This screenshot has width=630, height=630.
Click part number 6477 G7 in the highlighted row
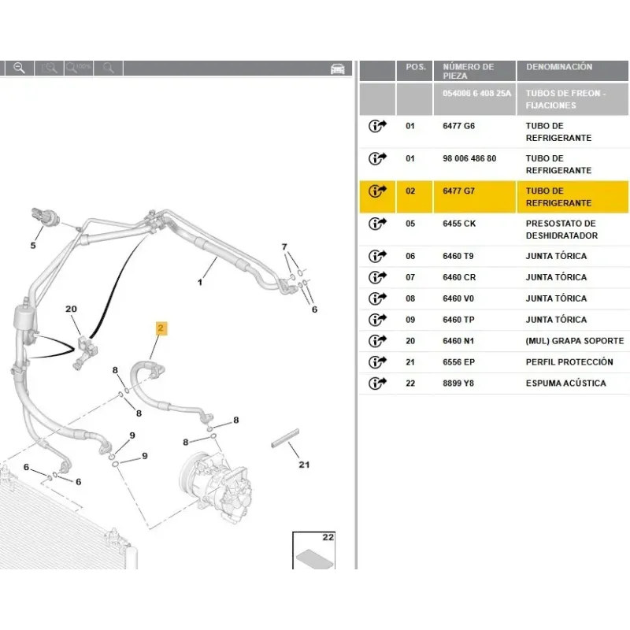tap(458, 191)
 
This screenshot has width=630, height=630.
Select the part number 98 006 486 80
tap(469, 158)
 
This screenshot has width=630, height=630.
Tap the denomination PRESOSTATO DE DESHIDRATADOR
tap(561, 229)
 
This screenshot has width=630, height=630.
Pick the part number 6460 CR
tap(459, 277)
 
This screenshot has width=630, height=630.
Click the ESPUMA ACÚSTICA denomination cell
tap(565, 384)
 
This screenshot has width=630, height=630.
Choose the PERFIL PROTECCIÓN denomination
tap(569, 362)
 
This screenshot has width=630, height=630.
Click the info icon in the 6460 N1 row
tap(377, 341)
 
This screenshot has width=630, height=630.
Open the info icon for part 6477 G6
tap(377, 126)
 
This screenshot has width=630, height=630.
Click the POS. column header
tap(416, 67)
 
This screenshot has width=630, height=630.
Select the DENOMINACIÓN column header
tap(559, 67)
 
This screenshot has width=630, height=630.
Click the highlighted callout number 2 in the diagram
tap(161, 328)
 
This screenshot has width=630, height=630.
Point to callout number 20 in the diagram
tap(71, 309)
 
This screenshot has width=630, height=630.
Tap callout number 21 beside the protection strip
tap(304, 465)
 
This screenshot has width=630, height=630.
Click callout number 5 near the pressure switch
tap(33, 245)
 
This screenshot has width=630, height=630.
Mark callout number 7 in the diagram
tap(284, 246)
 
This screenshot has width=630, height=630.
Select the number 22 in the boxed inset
tap(328, 537)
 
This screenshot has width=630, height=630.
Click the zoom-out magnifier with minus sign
tap(19, 68)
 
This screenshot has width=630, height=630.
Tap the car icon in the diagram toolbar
tap(338, 69)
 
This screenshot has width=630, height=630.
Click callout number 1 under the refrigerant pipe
tap(200, 283)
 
